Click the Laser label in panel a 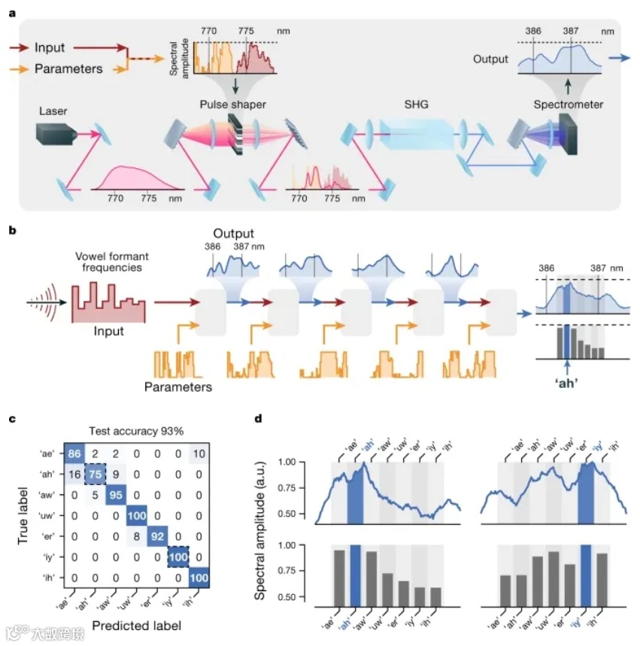52,111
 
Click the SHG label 416,105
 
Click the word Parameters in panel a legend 68,68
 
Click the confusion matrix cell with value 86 74,454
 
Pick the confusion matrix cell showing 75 95,475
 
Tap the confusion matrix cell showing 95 116,495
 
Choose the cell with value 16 74,475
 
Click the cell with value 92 157,536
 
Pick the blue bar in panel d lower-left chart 355,575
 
